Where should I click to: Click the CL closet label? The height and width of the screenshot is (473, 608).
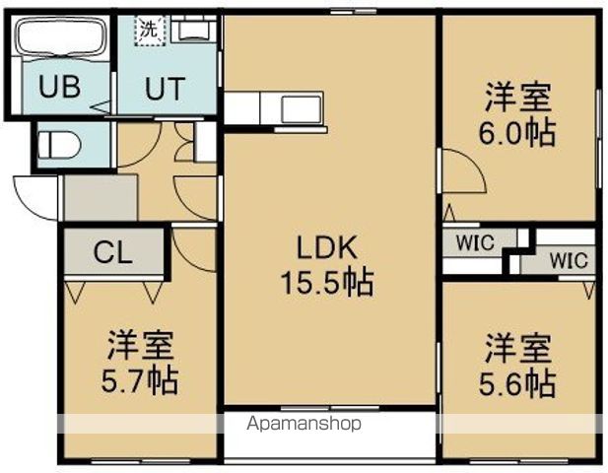pos(111,253)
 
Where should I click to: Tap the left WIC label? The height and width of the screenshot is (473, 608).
pos(476,240)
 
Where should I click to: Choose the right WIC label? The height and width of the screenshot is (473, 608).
pos(569,261)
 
